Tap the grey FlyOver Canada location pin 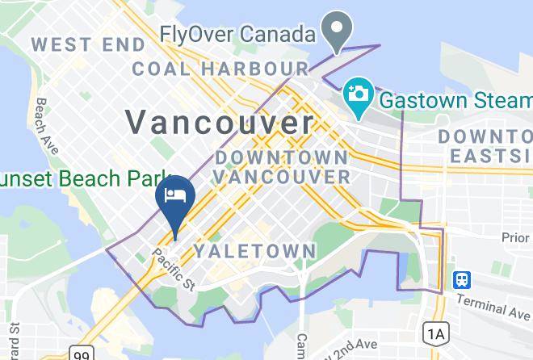(335, 31)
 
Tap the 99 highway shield (82, 354)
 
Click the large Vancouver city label (219, 123)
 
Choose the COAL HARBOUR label (220, 69)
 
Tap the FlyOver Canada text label (237, 36)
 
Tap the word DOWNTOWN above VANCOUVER (281, 156)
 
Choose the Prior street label (514, 237)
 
